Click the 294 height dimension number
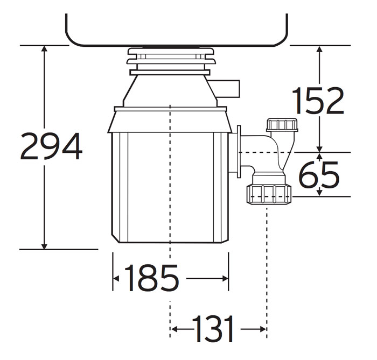coord(51,146)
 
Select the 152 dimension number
coord(317,101)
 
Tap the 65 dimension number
coord(319,175)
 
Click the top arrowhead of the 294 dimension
coord(45,50)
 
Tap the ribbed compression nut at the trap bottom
coord(269,194)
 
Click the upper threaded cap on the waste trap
coord(282,125)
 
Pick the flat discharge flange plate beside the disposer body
coord(238,150)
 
